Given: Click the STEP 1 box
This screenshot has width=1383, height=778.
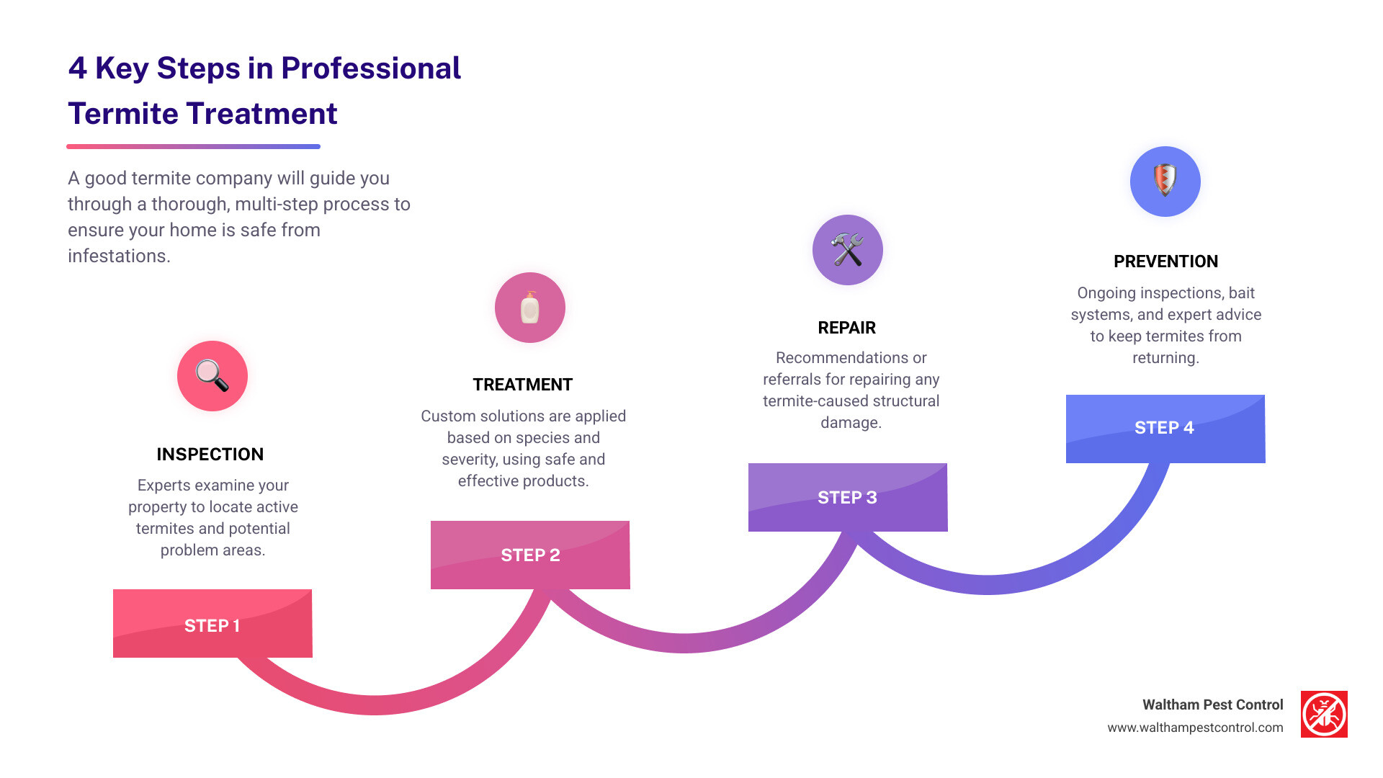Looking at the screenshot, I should tap(212, 624).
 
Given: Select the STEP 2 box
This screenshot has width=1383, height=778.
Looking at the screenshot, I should tap(530, 555).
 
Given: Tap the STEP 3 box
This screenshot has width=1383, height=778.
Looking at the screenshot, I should tap(848, 497).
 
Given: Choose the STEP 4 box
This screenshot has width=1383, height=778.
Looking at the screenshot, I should tap(1165, 428).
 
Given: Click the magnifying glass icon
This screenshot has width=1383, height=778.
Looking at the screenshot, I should tap(212, 376).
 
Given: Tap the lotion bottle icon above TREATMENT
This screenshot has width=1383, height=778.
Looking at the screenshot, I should tap(530, 308).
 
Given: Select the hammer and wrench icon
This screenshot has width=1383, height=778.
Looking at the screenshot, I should tap(848, 250).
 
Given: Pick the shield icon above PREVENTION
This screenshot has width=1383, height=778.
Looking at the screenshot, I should tap(1165, 181).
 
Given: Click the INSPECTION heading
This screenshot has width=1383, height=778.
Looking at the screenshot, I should tap(210, 455).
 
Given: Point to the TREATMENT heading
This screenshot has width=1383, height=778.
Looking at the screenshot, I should tap(523, 385).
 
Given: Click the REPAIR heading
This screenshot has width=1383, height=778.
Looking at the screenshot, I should tap(847, 328).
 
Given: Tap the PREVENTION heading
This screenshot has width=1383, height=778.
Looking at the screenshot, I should tap(1165, 261).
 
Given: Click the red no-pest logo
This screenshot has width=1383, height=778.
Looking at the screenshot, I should tap(1324, 715).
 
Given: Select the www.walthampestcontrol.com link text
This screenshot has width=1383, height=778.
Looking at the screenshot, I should tap(1195, 728).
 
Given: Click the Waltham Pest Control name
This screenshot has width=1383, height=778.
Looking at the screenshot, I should tap(1212, 705).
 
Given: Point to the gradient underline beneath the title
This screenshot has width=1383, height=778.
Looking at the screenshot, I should tap(193, 146).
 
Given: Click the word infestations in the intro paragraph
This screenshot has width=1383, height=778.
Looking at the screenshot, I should tap(119, 256).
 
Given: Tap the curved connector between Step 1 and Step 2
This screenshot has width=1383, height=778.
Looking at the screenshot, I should tap(375, 705).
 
